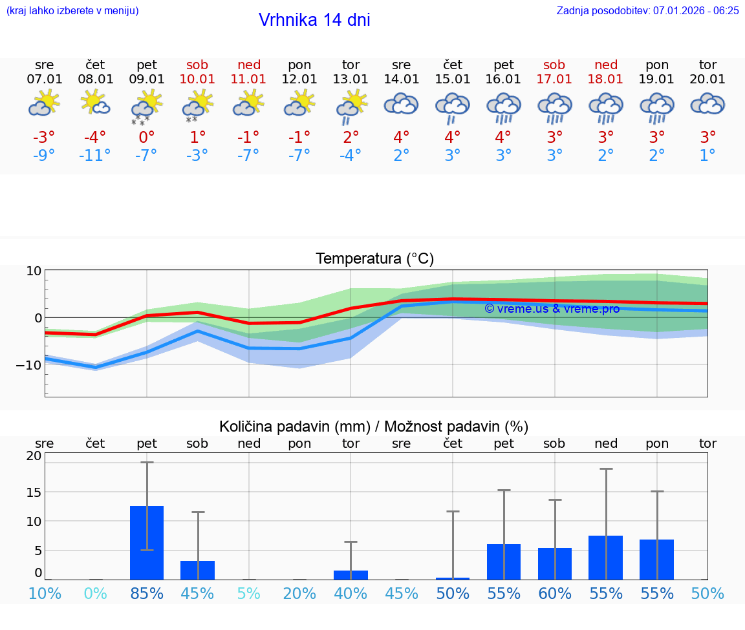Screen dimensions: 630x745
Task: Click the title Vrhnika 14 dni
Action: click(314, 20)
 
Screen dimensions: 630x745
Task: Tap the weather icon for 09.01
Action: click(147, 108)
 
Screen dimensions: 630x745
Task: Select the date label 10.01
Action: click(197, 79)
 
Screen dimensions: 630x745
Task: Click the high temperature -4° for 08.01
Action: click(95, 138)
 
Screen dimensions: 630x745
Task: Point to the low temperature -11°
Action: click(95, 156)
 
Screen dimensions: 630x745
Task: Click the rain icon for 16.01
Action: click(504, 108)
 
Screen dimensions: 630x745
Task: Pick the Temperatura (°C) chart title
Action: click(374, 259)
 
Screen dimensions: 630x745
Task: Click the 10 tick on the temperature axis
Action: click(34, 271)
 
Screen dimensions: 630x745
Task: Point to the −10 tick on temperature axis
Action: click(30, 364)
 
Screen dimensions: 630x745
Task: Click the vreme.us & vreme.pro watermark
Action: click(552, 309)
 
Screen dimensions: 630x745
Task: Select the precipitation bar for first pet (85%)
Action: click(147, 543)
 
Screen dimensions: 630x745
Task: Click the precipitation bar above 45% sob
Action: click(197, 570)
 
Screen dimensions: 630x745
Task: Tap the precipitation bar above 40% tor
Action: click(351, 575)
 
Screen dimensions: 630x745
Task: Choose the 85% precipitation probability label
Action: click(147, 593)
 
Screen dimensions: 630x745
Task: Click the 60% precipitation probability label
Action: click(555, 593)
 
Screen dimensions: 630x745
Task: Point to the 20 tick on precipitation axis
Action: click(34, 456)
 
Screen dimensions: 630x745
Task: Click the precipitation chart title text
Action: click(374, 426)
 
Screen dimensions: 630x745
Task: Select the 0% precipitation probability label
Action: click(95, 593)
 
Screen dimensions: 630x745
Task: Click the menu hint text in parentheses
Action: click(72, 11)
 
